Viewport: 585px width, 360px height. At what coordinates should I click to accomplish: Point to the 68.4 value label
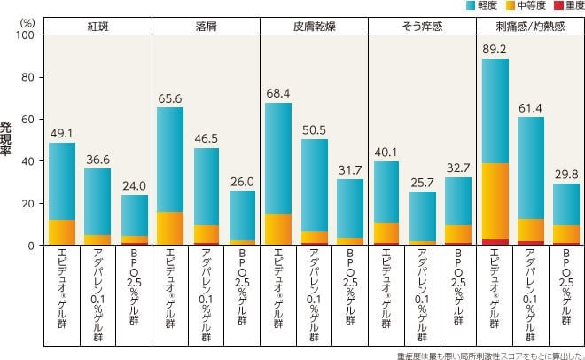point(278,93)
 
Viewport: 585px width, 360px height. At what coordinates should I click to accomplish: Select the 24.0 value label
point(134,186)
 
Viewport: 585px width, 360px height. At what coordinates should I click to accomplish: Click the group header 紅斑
point(97,27)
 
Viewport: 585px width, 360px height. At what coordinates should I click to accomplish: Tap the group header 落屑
point(206,27)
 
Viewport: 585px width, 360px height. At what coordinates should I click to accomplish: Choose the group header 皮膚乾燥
point(314,27)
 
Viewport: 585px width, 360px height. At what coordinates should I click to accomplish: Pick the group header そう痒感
point(422,27)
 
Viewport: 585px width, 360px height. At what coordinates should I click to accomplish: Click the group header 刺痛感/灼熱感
point(530,27)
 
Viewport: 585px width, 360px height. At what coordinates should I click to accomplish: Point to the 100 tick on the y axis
point(26,35)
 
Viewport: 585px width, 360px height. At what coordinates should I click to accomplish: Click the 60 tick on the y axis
point(28,119)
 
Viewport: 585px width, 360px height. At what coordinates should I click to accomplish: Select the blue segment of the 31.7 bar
point(350,208)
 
